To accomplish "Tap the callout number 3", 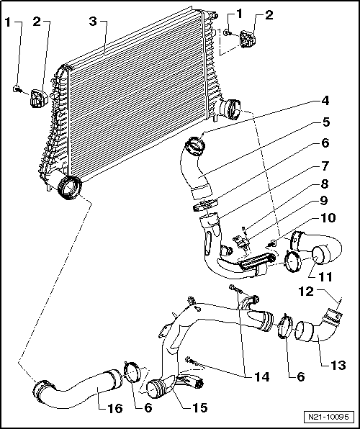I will tap(92, 22).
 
